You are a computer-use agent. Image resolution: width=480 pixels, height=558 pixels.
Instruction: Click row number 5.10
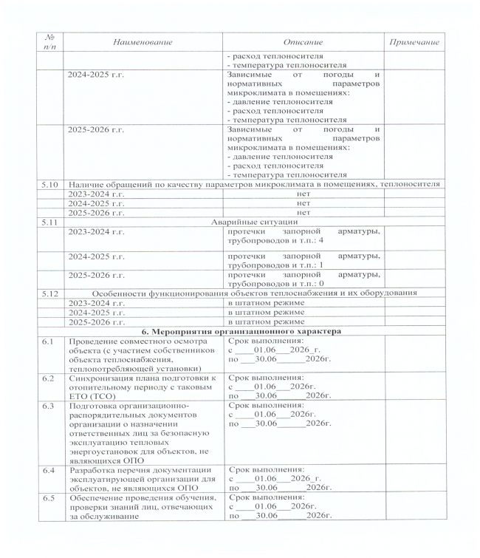[x=49, y=183]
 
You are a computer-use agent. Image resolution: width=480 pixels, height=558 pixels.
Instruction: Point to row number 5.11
[x=49, y=221]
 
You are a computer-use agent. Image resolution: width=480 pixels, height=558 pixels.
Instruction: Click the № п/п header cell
[x=49, y=42]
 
